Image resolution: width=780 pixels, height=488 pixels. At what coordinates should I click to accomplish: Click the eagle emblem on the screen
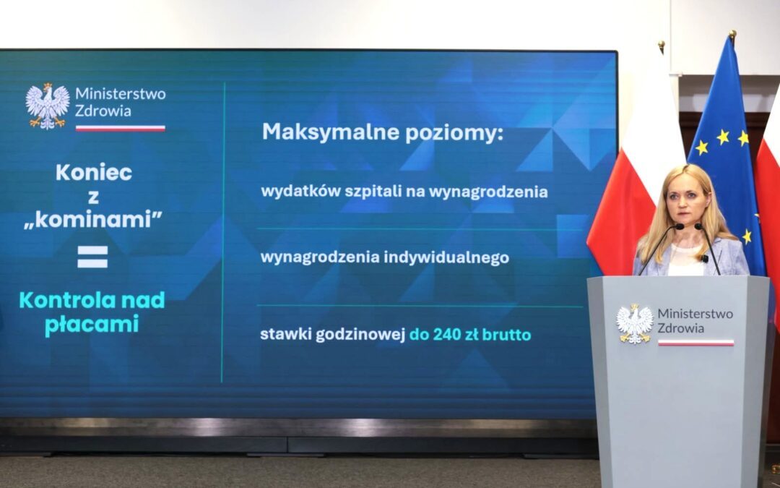tap(48, 106)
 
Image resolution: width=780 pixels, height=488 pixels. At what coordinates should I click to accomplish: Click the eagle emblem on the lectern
tap(635, 324)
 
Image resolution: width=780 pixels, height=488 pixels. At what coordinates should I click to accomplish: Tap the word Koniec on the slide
tap(94, 172)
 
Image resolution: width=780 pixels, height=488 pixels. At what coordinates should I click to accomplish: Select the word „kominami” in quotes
tap(93, 219)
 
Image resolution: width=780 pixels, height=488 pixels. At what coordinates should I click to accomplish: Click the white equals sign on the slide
tap(92, 257)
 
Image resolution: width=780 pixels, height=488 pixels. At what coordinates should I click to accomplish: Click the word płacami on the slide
tap(92, 325)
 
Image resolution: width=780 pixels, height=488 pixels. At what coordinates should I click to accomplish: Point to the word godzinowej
tap(360, 335)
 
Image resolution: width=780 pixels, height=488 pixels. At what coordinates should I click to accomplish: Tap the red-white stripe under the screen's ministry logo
tap(121, 129)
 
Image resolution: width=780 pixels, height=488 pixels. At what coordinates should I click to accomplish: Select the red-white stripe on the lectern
tap(695, 343)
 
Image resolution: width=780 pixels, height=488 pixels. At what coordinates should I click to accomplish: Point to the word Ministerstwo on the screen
tap(121, 93)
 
